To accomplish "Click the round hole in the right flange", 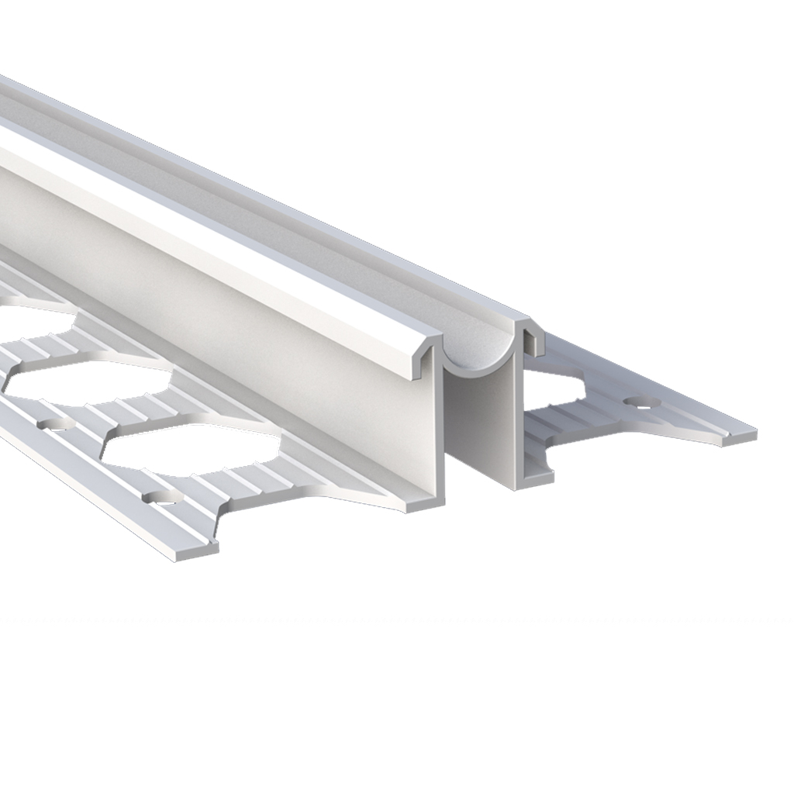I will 641,402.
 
